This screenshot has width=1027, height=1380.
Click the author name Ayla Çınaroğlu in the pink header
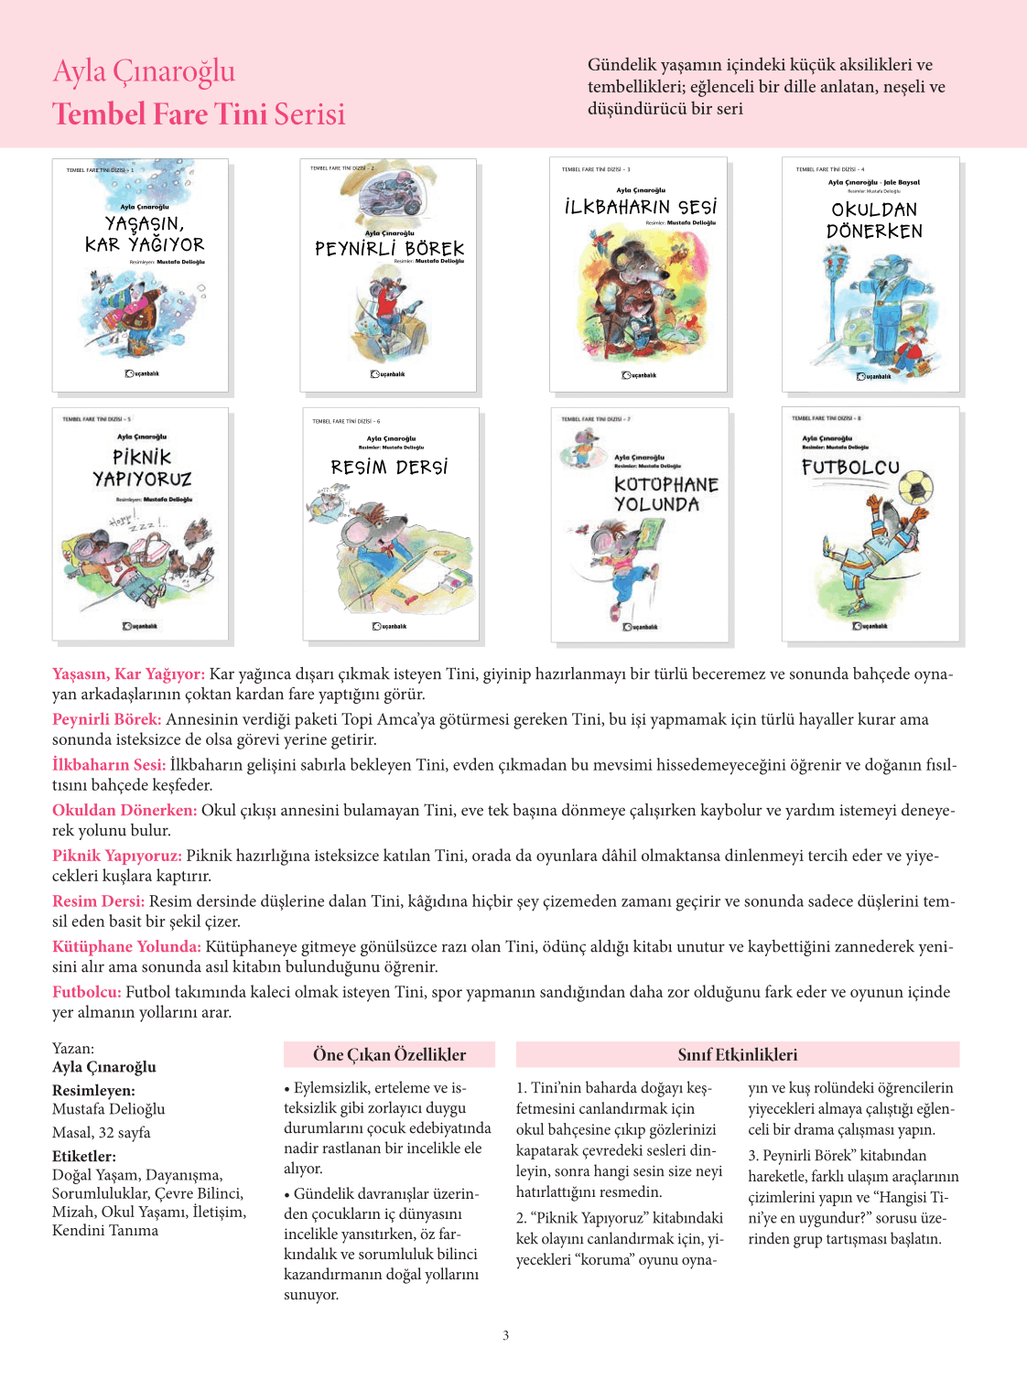[x=144, y=71]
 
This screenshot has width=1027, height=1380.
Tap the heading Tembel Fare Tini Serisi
[x=199, y=113]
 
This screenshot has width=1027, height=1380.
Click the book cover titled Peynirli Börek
[x=388, y=275]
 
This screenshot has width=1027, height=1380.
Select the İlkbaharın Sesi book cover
[x=638, y=275]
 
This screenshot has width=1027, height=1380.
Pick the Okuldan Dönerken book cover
[x=870, y=275]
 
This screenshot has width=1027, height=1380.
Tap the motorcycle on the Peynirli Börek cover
[x=389, y=196]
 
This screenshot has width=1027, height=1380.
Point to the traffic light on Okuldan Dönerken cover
[x=834, y=266]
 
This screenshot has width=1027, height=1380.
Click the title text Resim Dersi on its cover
[x=389, y=468]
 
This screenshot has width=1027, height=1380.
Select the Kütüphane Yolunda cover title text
[x=665, y=494]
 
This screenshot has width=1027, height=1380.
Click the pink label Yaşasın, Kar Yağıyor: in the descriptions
[x=128, y=674]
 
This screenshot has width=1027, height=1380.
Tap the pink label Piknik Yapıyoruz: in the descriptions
[x=117, y=857]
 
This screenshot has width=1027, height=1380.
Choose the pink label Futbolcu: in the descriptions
[x=87, y=992]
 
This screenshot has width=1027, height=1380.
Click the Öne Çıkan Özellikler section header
[x=389, y=1055]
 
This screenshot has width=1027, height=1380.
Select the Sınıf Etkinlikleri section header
[x=737, y=1055]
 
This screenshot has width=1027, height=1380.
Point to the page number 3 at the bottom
[x=505, y=1335]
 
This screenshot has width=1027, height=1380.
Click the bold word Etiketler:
[x=84, y=1157]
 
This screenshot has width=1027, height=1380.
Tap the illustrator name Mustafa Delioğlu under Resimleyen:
[x=109, y=1109]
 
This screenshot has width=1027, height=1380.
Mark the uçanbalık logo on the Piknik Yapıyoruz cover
[x=141, y=626]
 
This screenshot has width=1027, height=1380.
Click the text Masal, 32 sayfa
[x=102, y=1133]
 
